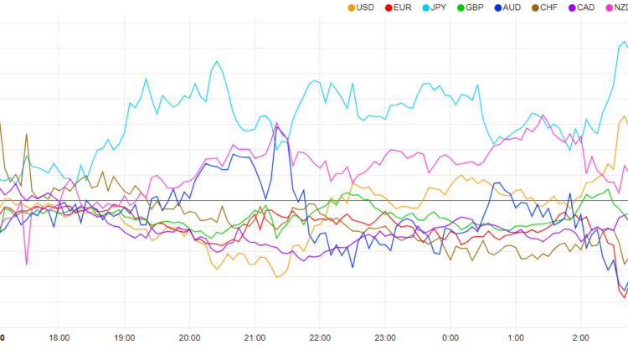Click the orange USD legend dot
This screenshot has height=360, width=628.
coord(350,8)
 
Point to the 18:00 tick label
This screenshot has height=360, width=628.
coord(59,338)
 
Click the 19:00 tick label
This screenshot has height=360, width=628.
coord(125,338)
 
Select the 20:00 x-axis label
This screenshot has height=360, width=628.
coord(190,338)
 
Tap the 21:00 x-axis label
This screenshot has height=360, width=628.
coord(255,338)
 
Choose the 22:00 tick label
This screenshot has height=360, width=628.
coord(320,338)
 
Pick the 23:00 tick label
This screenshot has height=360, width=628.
coord(385,338)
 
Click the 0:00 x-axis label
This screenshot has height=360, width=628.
coord(450,338)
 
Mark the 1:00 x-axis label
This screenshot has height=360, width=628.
coord(516,338)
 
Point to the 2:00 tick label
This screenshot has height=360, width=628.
coord(581,338)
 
